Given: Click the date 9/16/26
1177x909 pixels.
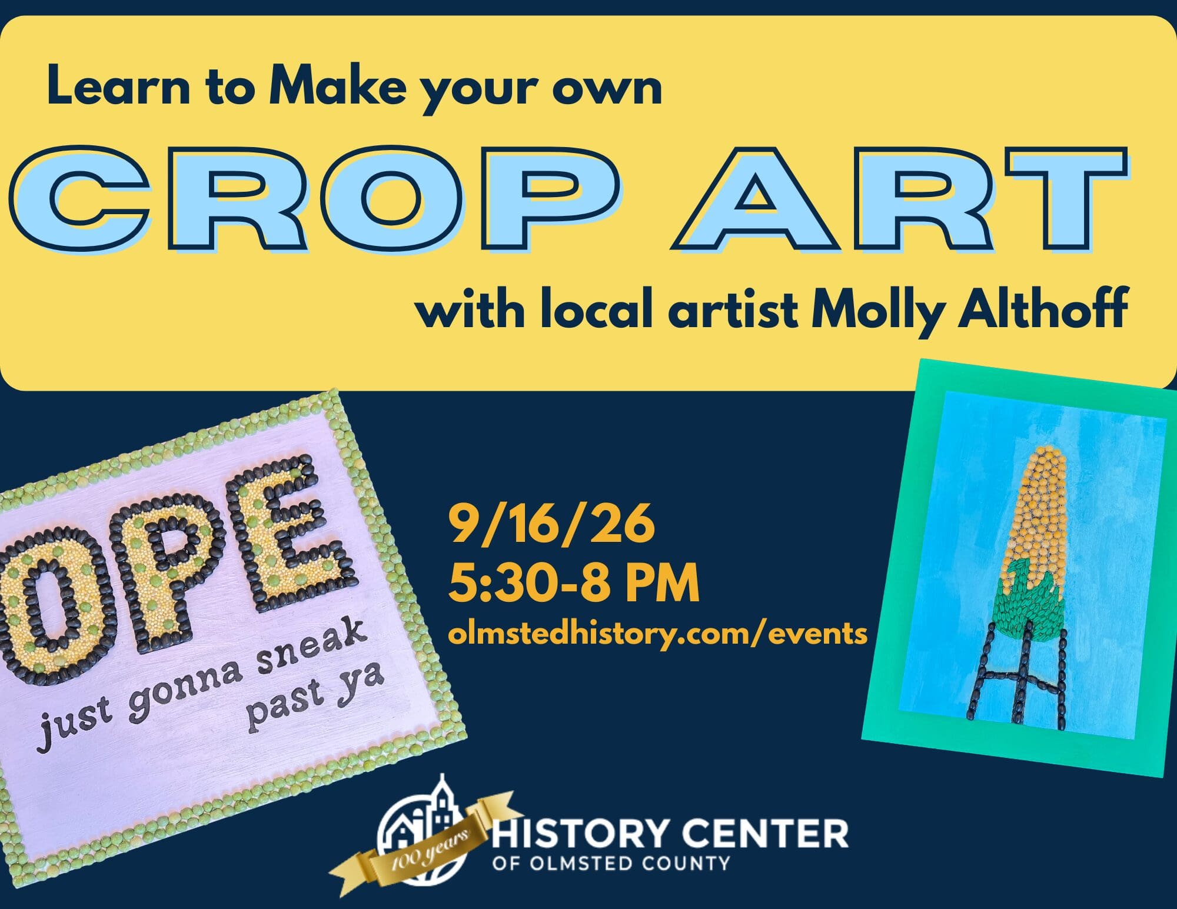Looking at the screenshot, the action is click(551, 525).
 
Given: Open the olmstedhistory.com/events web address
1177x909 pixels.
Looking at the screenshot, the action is click(657, 634).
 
